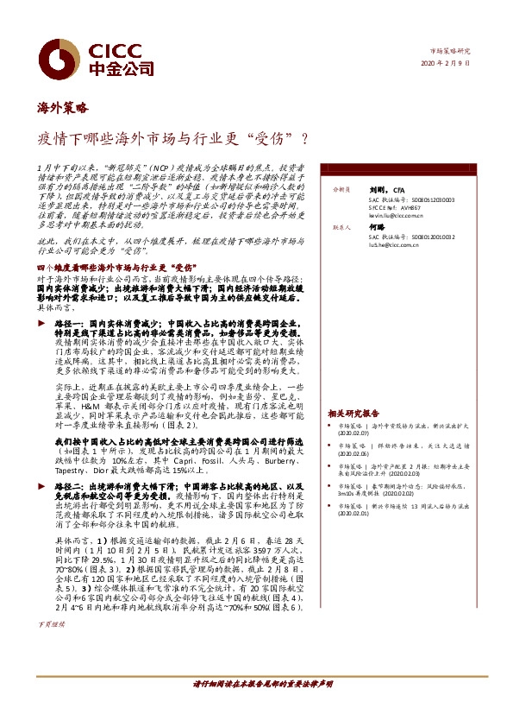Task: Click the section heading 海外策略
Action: click(x=62, y=108)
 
